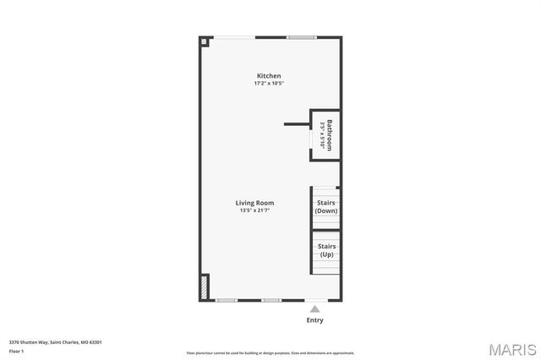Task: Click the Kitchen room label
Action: [x=269, y=76]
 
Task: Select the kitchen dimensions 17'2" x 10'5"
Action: [x=269, y=84]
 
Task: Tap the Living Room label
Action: [x=254, y=203]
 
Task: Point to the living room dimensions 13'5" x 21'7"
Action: [x=254, y=210]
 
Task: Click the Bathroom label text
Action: [x=331, y=135]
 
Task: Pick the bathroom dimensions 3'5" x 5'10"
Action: [x=323, y=135]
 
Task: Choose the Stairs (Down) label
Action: [x=326, y=206]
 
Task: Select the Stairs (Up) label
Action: [x=326, y=250]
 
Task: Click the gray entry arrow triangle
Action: [x=314, y=309]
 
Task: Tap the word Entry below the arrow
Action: [x=314, y=320]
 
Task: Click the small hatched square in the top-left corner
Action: [x=204, y=40]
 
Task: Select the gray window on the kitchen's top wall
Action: [x=301, y=37]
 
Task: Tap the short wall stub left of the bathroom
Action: [x=297, y=124]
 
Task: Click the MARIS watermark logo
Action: [x=511, y=349]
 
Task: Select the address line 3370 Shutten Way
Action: [x=55, y=342]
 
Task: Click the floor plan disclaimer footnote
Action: [x=270, y=353]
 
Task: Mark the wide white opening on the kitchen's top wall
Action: [x=233, y=37]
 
